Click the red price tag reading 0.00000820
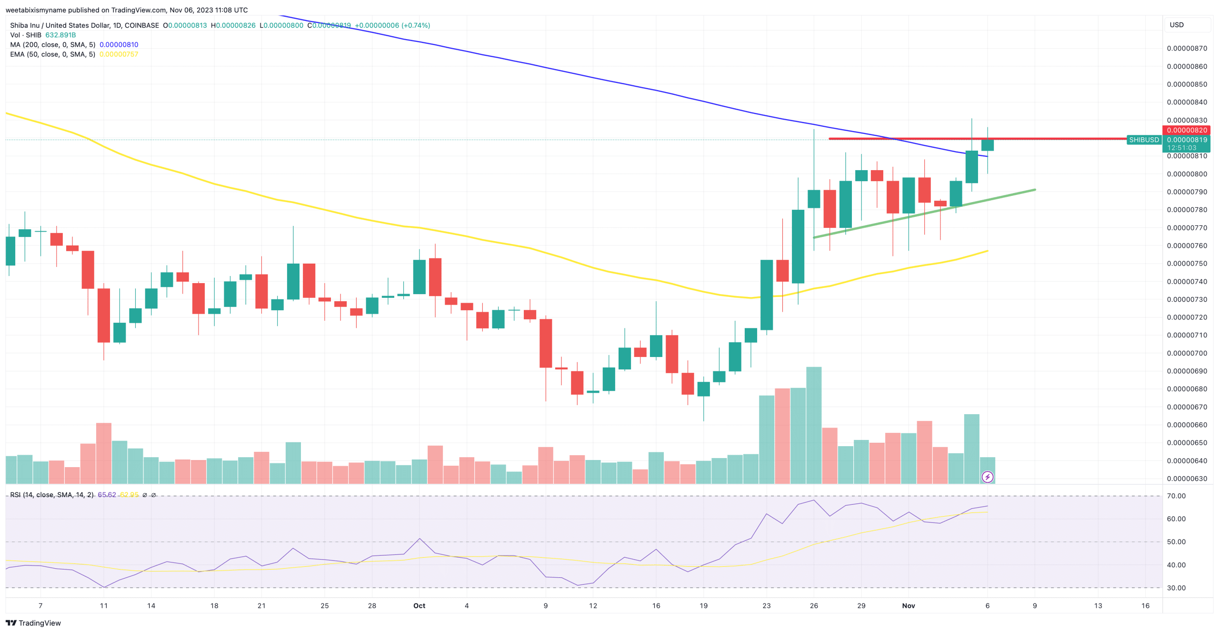tap(1186, 130)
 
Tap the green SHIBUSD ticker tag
tap(1144, 140)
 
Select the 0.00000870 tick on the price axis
tap(1187, 48)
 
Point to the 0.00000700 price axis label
tap(1187, 353)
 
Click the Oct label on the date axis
tap(419, 605)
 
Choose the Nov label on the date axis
tap(908, 605)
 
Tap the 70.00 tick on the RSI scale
tap(1176, 496)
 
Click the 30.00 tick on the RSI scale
tap(1176, 588)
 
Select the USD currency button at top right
tap(1177, 25)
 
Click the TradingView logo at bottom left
tap(33, 623)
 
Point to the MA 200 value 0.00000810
tap(119, 45)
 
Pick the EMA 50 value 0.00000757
tap(119, 54)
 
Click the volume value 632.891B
tap(60, 35)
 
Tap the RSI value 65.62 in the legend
tap(107, 495)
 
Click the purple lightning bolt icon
tap(987, 477)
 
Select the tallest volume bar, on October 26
tap(814, 424)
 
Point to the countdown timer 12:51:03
tap(1181, 148)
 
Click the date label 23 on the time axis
tap(766, 605)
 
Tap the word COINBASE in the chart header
tap(142, 25)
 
